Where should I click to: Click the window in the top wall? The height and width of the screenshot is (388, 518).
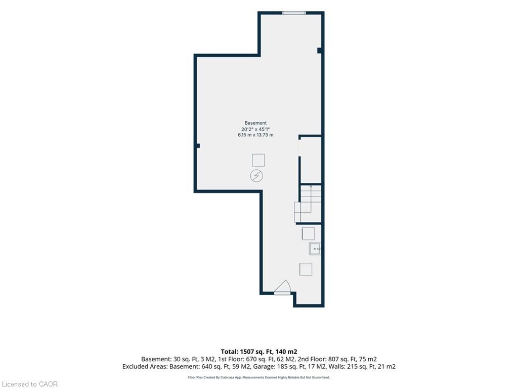click(x=294, y=13)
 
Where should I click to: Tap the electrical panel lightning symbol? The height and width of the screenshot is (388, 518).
click(x=256, y=176)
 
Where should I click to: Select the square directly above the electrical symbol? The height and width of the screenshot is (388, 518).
click(x=258, y=160)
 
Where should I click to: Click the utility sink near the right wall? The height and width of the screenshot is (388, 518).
click(x=315, y=249)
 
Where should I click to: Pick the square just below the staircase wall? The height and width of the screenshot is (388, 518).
click(x=308, y=234)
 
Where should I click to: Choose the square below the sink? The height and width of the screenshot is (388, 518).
click(x=306, y=269)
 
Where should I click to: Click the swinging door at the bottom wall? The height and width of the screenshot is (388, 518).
click(x=282, y=287)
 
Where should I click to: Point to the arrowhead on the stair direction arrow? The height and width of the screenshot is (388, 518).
click(x=311, y=187)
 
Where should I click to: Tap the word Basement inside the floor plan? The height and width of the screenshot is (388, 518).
click(x=255, y=123)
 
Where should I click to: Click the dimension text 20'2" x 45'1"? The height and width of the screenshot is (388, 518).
click(x=255, y=129)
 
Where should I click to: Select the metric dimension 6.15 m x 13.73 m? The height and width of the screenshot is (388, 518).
click(x=255, y=135)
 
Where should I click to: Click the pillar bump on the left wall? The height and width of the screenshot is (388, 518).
click(x=198, y=146)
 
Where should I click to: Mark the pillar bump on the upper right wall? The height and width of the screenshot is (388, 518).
click(x=320, y=51)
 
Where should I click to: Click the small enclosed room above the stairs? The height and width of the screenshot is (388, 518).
click(x=311, y=160)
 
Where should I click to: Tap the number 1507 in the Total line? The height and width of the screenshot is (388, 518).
click(x=246, y=352)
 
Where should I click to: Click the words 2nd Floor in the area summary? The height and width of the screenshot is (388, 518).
click(x=311, y=359)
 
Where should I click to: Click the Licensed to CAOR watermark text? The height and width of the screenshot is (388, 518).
click(x=29, y=384)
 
